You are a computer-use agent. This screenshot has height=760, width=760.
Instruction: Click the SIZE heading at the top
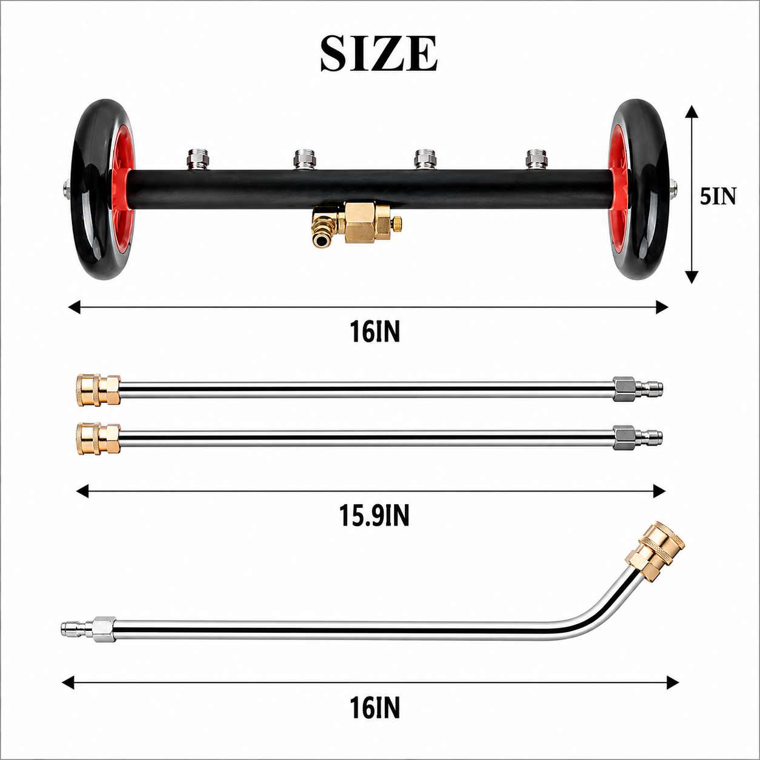click(379, 54)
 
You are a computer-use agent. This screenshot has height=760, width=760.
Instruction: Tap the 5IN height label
click(718, 196)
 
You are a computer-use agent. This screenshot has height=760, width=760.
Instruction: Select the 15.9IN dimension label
click(375, 516)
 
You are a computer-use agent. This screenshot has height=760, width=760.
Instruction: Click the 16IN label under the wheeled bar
click(375, 331)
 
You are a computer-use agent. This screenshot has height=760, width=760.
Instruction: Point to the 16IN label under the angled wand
click(375, 708)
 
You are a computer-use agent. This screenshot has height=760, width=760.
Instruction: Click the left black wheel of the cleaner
click(102, 189)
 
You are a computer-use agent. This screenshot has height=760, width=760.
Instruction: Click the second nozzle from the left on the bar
click(303, 159)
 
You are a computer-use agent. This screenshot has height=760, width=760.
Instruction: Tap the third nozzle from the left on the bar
click(423, 159)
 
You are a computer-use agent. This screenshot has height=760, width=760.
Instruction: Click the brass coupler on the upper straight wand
click(99, 390)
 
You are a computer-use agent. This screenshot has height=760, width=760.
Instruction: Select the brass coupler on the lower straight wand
click(99, 439)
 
